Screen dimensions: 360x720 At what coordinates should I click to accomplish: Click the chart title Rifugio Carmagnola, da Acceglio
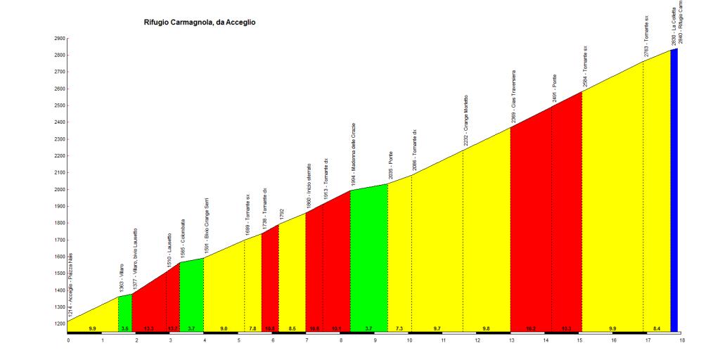[x=200, y=22]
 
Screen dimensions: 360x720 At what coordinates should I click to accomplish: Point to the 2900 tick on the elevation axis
[x=60, y=38]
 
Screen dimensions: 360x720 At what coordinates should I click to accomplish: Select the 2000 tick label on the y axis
[x=60, y=189]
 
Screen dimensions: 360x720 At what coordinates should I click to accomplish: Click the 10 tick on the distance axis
[x=409, y=340]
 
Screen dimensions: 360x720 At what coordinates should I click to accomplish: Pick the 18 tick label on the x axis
[x=681, y=340]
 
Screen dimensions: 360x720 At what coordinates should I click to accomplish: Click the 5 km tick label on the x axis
[x=239, y=340]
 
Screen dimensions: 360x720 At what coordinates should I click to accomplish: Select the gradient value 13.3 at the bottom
[x=149, y=328]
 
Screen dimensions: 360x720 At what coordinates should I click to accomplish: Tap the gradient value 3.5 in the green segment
[x=124, y=328]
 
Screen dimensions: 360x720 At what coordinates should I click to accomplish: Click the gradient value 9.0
[x=224, y=328]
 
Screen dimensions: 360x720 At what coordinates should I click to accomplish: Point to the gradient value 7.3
[x=399, y=328]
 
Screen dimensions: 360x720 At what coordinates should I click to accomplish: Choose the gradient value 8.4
[x=657, y=328]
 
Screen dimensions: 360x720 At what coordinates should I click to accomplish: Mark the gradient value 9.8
[x=486, y=328]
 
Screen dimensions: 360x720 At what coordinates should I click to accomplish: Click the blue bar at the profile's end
[x=674, y=190]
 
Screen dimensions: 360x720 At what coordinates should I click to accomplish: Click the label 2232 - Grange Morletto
[x=465, y=121]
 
